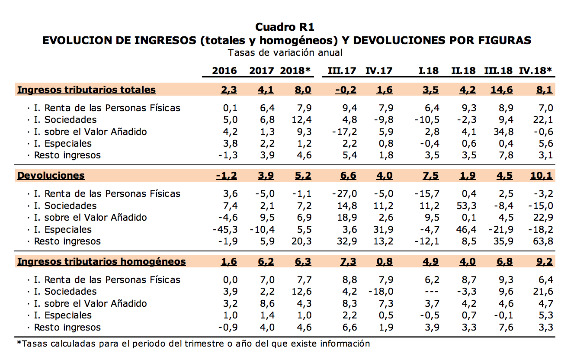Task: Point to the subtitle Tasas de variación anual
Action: point(285,53)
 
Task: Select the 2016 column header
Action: point(224,71)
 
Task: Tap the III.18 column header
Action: point(498,71)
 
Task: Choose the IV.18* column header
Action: point(535,71)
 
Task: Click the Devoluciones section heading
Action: point(51,175)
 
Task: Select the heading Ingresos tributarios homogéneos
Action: point(101,261)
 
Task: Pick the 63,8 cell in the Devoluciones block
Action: point(543,241)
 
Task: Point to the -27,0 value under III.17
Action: point(345,194)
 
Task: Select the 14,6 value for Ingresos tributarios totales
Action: point(502,90)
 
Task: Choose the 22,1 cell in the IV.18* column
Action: point(543,120)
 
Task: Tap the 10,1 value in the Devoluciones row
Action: point(543,175)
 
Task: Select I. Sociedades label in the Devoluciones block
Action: point(65,206)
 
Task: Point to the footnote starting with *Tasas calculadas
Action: point(193,344)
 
